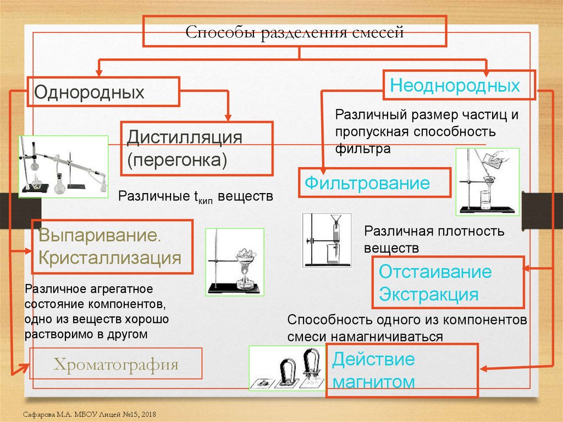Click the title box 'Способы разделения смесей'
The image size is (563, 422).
(x=295, y=31)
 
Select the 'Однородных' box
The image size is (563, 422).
(x=104, y=91)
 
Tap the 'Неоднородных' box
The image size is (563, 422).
(x=460, y=85)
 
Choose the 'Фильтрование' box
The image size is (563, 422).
(x=374, y=183)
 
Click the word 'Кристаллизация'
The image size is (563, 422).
(x=109, y=257)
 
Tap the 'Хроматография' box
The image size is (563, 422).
(x=115, y=364)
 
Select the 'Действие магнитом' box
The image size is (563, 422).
(x=402, y=370)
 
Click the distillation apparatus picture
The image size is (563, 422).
(x=63, y=166)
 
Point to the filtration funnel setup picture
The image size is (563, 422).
(x=488, y=182)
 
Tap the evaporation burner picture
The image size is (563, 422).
(x=234, y=263)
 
